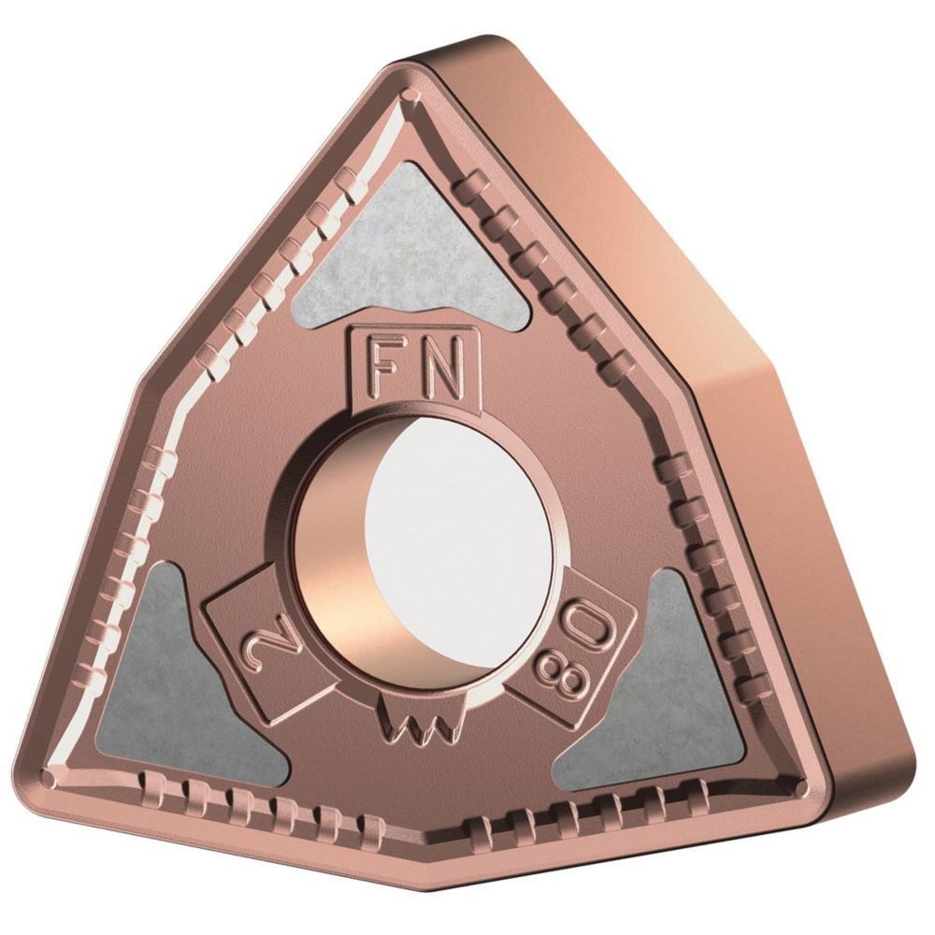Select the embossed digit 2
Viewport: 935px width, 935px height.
point(256,643)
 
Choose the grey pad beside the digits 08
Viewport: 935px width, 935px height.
point(662,680)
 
